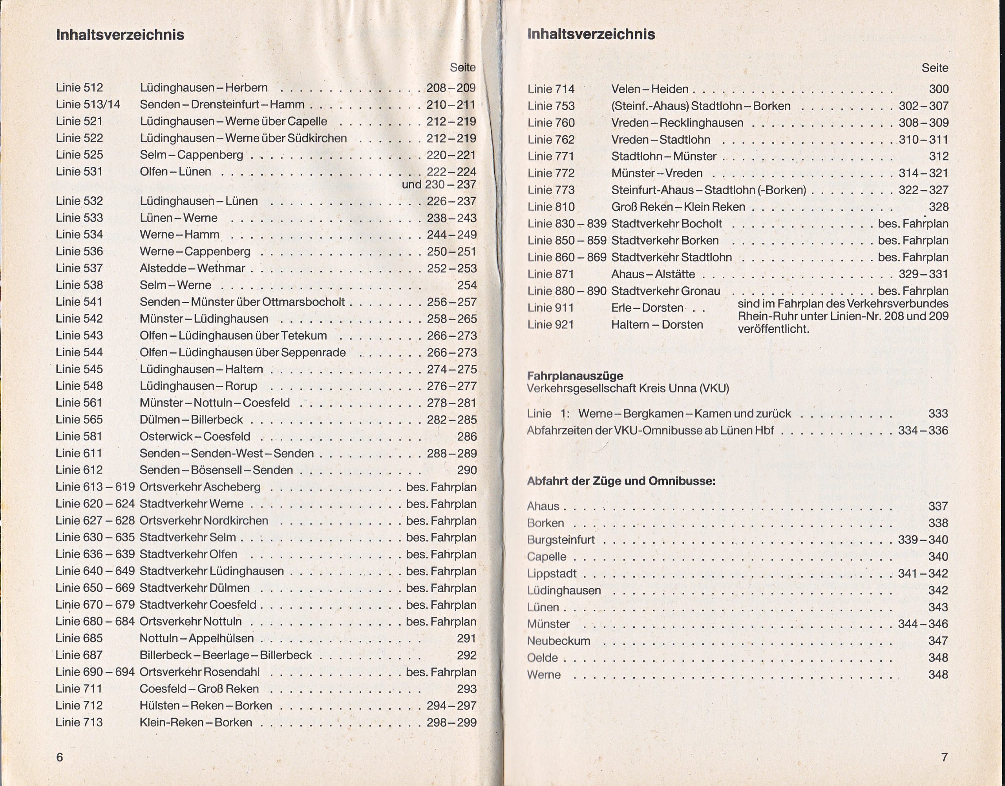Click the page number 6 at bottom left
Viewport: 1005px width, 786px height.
(59, 757)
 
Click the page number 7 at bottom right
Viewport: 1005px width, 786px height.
(944, 757)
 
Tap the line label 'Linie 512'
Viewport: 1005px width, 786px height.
(79, 88)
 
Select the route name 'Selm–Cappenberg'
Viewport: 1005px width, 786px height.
(192, 155)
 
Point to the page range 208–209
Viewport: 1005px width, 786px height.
(451, 88)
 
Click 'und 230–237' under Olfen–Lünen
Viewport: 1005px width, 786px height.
(439, 184)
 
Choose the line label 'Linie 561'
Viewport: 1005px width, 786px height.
(79, 403)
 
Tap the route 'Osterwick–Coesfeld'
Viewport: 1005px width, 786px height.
(195, 436)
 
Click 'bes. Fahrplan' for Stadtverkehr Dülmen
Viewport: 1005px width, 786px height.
(441, 588)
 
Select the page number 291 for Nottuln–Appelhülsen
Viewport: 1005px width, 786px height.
(467, 638)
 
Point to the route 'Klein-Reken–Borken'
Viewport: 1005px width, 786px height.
(196, 722)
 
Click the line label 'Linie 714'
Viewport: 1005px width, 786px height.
(551, 89)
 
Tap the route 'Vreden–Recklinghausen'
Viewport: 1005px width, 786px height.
(677, 123)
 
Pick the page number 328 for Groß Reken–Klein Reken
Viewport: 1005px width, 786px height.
(938, 207)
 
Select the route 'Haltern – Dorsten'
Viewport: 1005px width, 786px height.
(657, 325)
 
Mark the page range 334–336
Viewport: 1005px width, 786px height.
(923, 431)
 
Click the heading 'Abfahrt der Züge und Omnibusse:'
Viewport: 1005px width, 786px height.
(621, 481)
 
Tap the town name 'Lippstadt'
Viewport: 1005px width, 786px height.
(552, 574)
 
